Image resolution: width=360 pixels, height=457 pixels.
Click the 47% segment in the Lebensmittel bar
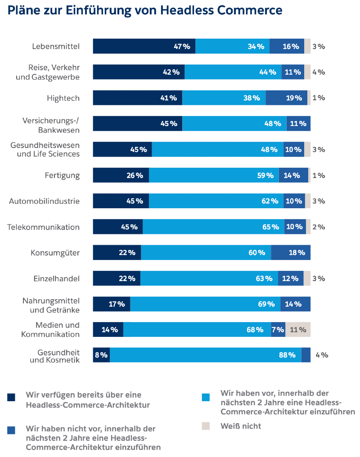(x=144, y=46)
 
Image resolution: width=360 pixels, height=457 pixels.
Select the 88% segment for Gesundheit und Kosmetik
(x=206, y=355)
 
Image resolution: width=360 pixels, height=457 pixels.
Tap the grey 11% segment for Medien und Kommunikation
(x=298, y=330)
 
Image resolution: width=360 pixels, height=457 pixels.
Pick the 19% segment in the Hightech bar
(x=286, y=98)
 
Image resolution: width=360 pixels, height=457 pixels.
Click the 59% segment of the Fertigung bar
(x=214, y=175)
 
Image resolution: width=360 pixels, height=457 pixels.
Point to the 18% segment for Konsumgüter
(x=291, y=253)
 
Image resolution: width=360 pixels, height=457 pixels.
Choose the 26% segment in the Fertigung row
(x=121, y=175)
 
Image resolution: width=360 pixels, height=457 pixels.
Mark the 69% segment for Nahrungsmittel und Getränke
(x=205, y=304)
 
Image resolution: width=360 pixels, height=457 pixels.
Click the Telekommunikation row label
(x=44, y=227)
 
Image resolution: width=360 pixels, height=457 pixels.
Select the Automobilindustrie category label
(x=45, y=201)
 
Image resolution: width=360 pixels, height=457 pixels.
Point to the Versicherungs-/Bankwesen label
(x=51, y=125)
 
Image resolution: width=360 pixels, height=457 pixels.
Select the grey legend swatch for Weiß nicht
(x=206, y=426)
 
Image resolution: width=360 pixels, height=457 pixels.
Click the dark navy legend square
(x=11, y=397)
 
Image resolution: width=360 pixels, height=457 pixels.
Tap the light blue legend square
(x=206, y=397)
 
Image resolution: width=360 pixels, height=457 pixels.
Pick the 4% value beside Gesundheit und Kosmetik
(x=322, y=355)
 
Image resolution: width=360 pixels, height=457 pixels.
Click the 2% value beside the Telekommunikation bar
(x=319, y=227)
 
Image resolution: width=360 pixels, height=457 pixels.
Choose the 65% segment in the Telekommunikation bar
(x=213, y=227)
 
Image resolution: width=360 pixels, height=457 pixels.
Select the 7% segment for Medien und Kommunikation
(x=278, y=330)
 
